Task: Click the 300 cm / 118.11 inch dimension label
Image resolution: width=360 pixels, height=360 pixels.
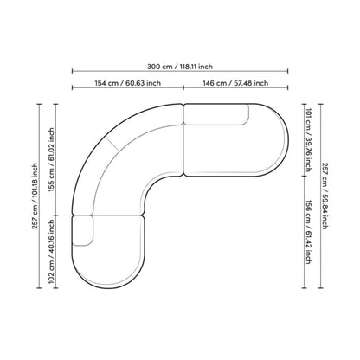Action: (180, 67)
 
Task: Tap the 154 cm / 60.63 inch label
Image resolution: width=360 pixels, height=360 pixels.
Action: (128, 83)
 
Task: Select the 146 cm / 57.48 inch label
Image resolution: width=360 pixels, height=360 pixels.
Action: (235, 83)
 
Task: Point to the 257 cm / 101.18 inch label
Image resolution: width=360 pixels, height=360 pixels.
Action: (35, 196)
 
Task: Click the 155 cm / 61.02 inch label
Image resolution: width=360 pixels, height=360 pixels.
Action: (51, 160)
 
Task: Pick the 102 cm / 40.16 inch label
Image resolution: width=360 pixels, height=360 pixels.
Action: (51, 252)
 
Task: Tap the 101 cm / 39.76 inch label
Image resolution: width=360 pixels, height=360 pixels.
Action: (308, 140)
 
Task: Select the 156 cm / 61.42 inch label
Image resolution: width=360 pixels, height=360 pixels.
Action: (308, 232)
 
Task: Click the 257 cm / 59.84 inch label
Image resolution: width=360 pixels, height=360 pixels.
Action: (325, 196)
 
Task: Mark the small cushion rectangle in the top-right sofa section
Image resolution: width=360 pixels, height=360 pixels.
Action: (216, 114)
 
